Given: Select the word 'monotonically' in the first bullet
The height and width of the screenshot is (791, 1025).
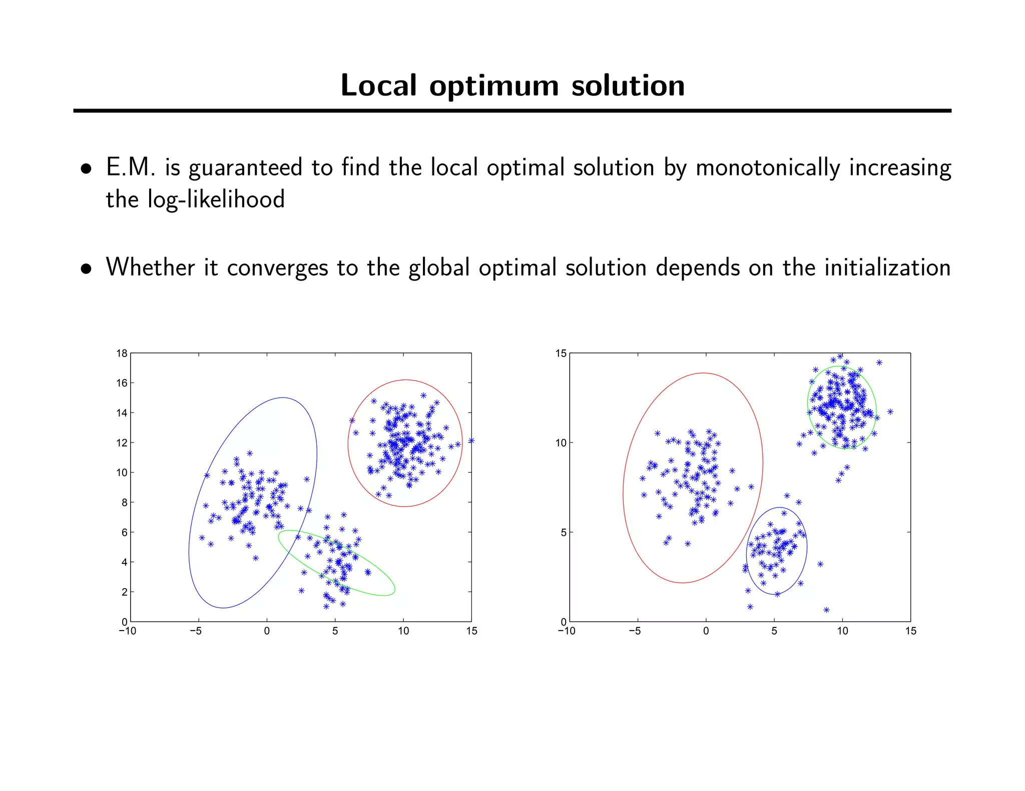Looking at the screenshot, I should pos(767,168).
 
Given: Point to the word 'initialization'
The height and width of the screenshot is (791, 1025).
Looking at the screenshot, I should pos(887,267).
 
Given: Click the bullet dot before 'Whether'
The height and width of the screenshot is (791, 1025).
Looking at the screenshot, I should pos(87,269).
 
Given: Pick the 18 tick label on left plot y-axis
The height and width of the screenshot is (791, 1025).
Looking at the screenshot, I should pos(122,353).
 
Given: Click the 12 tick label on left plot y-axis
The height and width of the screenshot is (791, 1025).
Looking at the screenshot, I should pos(122,443).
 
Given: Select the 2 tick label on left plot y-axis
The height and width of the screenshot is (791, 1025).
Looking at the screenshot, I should pos(124,592).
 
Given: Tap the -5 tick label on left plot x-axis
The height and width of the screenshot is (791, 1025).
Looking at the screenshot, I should pos(196,631).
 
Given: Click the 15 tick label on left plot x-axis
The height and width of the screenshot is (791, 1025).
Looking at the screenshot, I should pos(471,631).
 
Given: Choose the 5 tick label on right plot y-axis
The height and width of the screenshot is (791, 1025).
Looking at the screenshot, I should pos(564,532).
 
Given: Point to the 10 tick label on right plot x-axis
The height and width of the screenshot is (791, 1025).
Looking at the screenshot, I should pos(842,631).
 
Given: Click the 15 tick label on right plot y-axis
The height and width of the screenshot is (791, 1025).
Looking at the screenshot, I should pos(561,353).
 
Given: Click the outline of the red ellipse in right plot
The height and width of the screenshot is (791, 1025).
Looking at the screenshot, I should pos(763,462).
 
